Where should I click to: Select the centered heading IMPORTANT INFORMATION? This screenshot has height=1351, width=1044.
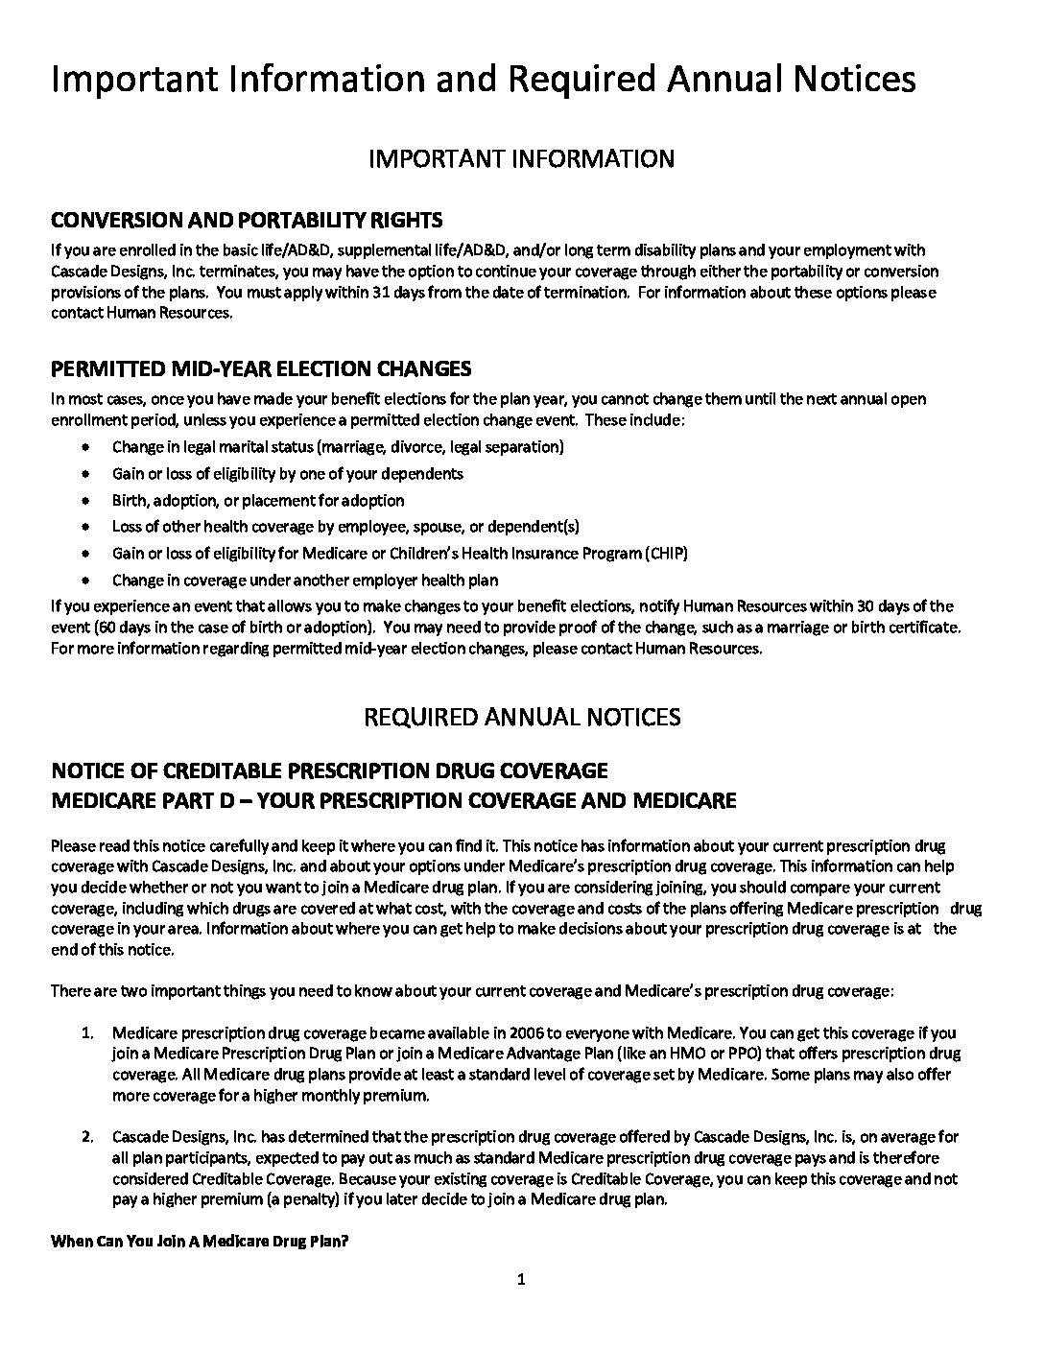click(x=521, y=158)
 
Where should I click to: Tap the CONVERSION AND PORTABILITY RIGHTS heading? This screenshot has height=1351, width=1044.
click(x=247, y=221)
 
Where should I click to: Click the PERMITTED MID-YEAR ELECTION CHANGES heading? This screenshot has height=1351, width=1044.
click(x=261, y=369)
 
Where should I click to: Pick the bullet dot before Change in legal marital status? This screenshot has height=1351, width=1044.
click(x=88, y=447)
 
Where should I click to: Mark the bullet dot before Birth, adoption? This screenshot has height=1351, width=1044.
click(x=88, y=500)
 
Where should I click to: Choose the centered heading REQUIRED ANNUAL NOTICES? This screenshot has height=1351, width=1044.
click(x=522, y=718)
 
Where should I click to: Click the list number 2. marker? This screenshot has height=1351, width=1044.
click(x=87, y=1137)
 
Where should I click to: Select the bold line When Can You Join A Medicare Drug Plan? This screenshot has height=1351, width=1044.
click(x=199, y=1241)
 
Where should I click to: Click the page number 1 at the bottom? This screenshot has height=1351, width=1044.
click(x=521, y=1279)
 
